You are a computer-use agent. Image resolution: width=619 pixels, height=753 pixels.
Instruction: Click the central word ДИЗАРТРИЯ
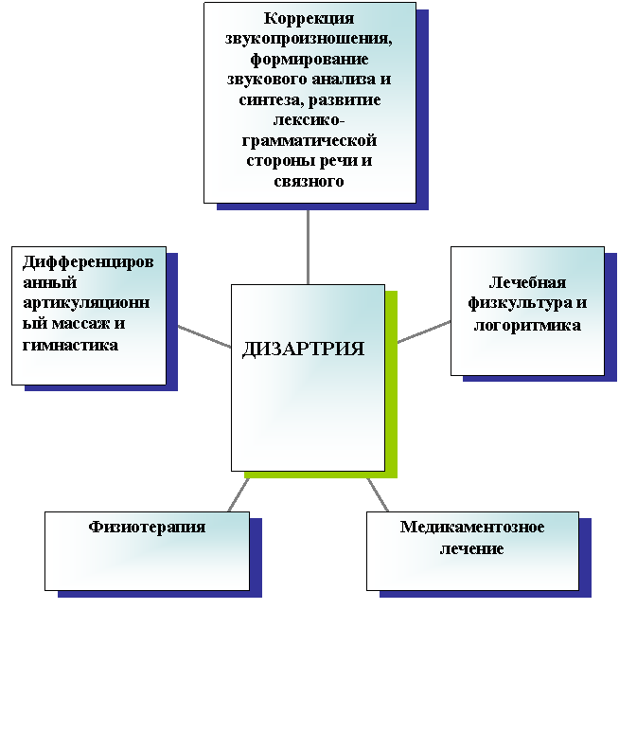point(303,350)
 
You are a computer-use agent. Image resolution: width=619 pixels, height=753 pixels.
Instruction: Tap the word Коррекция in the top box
point(309,18)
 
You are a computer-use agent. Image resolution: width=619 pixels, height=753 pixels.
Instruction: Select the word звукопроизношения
point(309,39)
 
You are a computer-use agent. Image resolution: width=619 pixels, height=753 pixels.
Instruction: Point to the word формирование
point(309,59)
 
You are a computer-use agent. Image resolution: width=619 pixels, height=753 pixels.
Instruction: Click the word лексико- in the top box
point(309,120)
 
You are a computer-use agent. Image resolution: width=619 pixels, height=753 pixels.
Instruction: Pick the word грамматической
point(309,141)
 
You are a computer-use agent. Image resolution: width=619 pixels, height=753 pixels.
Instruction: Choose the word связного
point(309,181)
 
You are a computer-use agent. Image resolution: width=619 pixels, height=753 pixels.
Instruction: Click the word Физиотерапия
point(147,528)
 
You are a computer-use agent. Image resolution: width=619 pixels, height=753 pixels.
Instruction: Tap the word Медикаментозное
point(472,527)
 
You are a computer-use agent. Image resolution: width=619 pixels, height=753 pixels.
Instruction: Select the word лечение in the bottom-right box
point(472,548)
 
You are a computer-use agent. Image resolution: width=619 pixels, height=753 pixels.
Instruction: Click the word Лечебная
point(527,282)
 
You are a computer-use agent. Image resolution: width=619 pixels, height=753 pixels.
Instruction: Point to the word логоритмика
point(527,325)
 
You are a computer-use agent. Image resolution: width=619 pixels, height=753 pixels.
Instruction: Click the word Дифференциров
point(88,262)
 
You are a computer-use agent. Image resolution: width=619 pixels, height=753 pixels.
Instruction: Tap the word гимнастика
point(70,345)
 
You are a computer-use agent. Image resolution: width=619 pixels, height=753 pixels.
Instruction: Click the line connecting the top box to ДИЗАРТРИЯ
point(308,247)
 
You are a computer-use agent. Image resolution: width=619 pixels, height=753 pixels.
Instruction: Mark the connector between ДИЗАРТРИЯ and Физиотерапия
point(239,494)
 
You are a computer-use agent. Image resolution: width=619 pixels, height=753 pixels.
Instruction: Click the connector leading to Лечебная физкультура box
point(424,332)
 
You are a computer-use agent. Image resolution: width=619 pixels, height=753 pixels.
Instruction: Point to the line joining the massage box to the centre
point(204,336)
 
